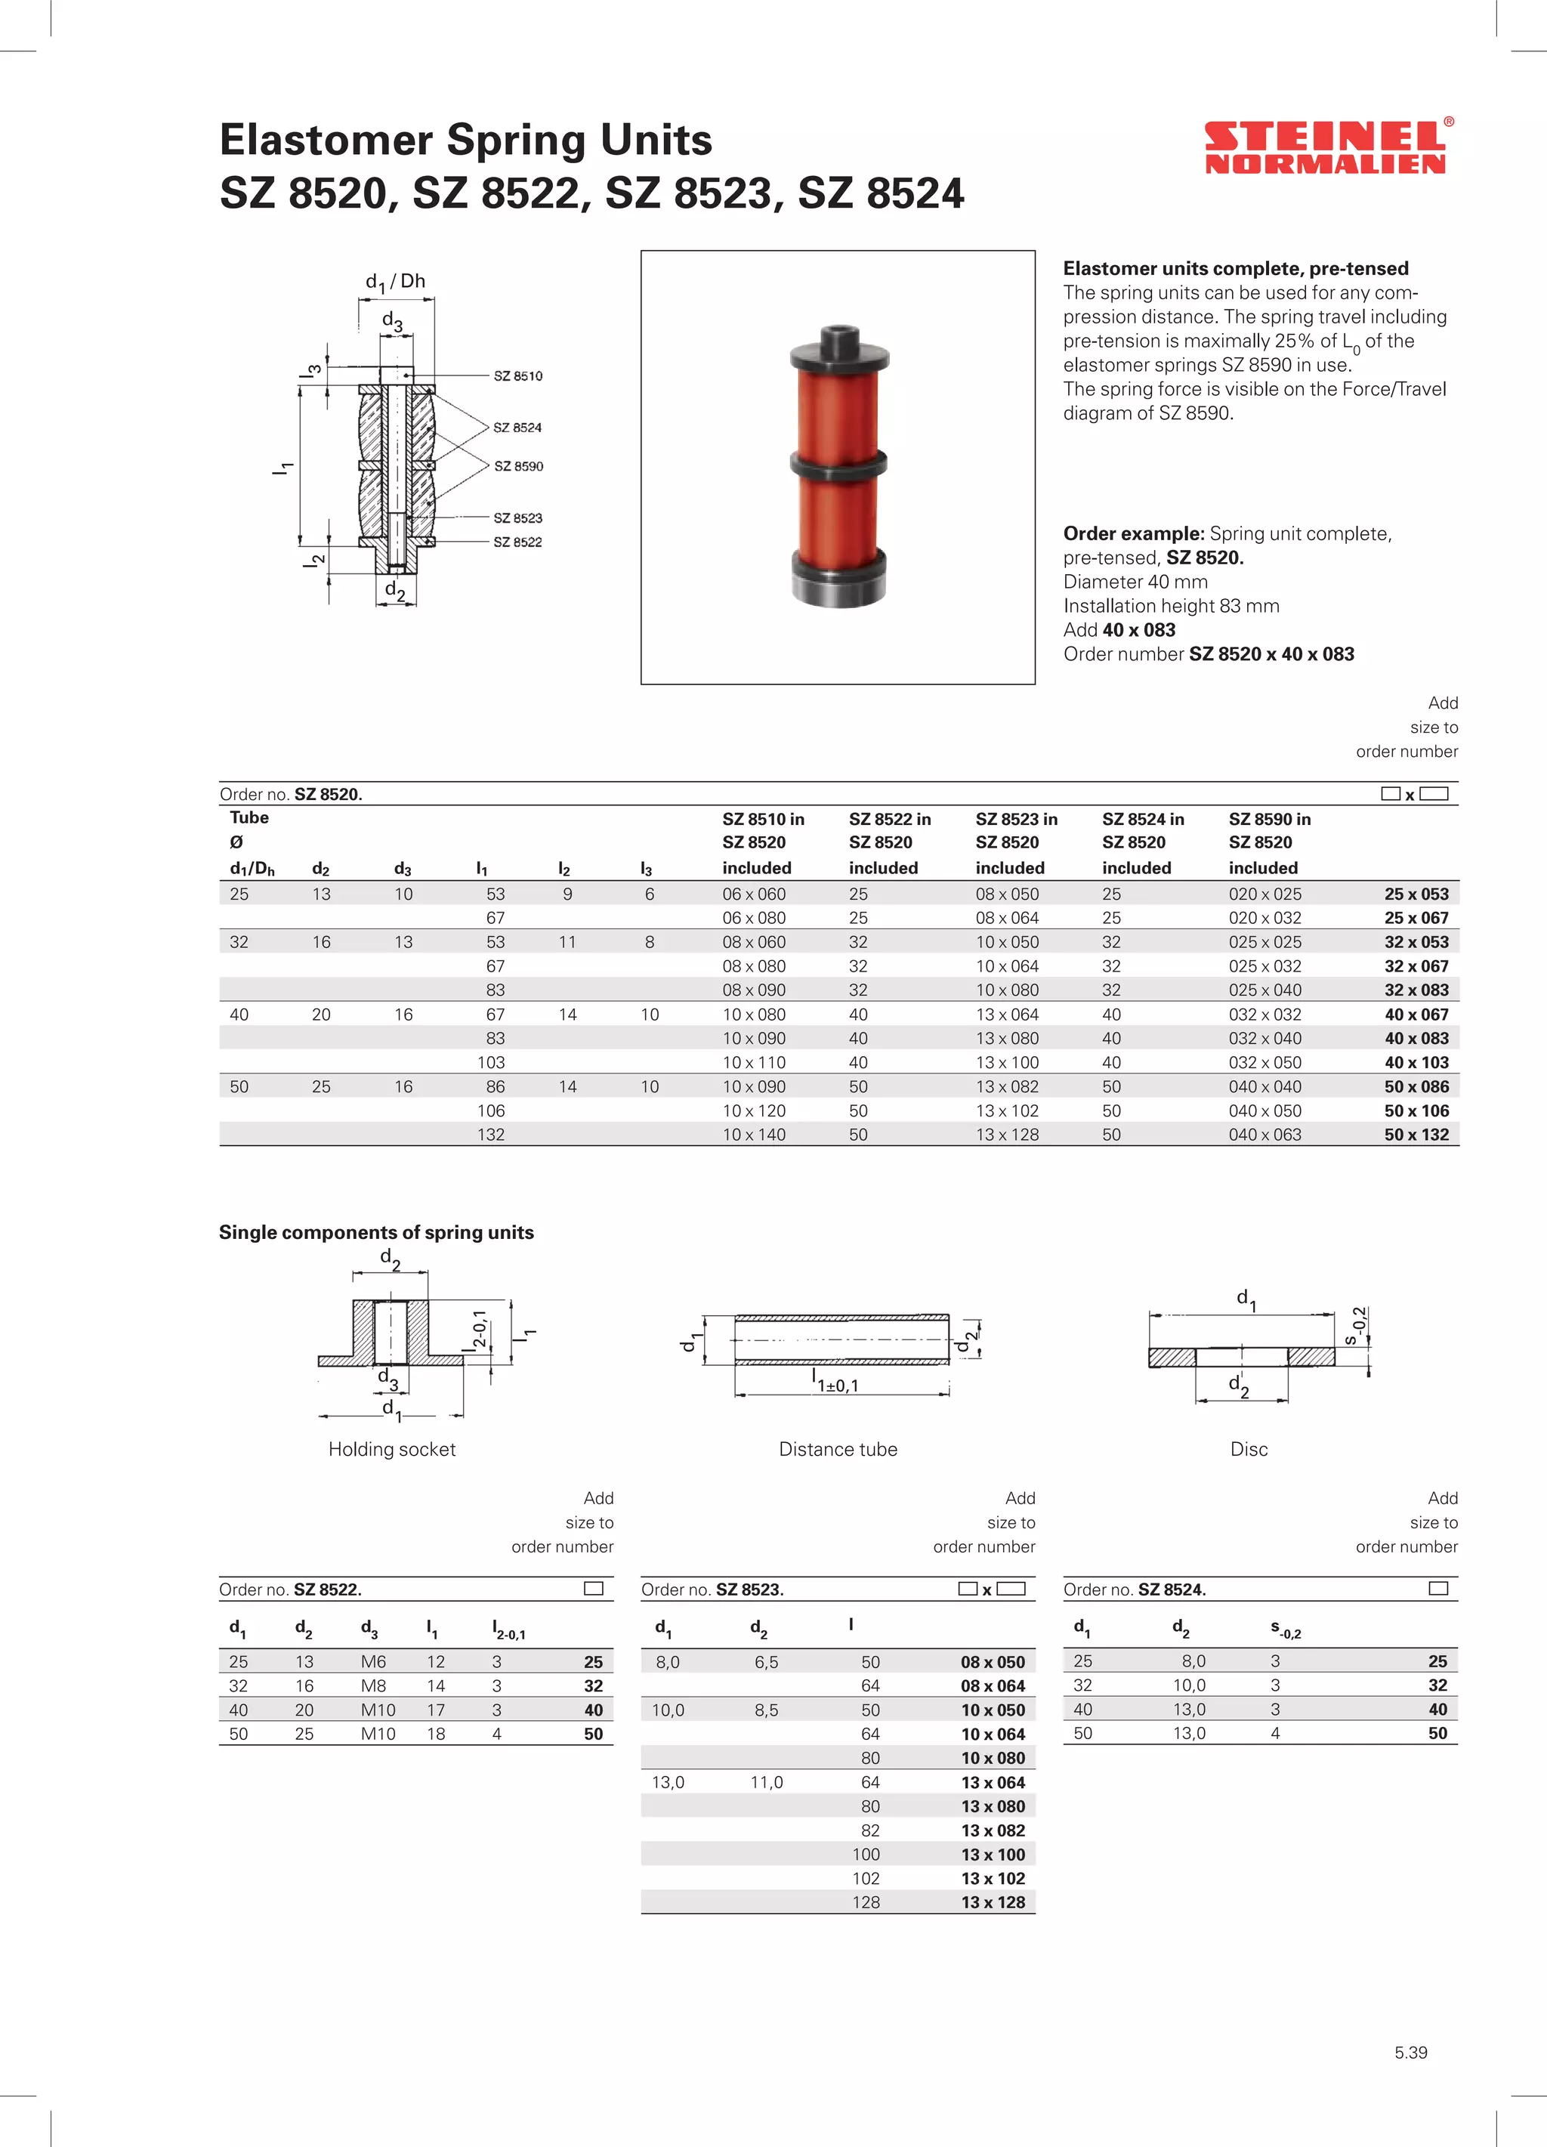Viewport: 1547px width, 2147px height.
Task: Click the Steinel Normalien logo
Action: tap(1326, 147)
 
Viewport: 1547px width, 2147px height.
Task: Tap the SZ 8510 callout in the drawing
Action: tap(518, 375)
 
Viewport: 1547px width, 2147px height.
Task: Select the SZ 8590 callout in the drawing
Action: tap(518, 466)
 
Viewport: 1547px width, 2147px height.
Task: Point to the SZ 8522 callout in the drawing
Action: tap(518, 542)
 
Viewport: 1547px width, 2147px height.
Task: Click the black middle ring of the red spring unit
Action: tap(838, 464)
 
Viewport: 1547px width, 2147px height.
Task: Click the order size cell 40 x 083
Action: tap(1416, 1039)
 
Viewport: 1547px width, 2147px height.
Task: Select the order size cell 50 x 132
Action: tap(1416, 1134)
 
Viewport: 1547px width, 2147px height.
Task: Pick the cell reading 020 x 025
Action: tap(1264, 894)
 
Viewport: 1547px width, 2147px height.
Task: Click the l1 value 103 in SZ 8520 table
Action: tap(491, 1062)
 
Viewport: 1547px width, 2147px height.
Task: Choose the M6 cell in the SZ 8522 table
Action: tap(373, 1661)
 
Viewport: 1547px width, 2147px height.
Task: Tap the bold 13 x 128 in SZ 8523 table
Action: tap(993, 1901)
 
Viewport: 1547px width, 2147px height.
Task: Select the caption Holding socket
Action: tap(392, 1448)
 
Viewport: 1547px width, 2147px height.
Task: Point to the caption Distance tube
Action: tap(838, 1448)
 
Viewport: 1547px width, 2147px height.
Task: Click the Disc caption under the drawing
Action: tap(1249, 1448)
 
